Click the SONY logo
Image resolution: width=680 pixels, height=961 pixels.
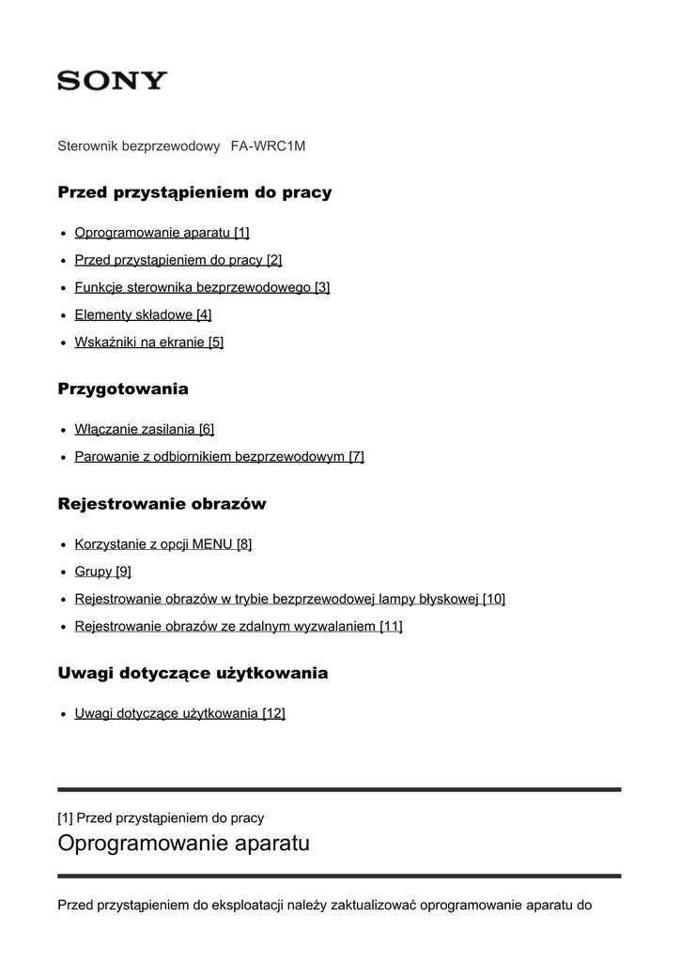pyautogui.click(x=112, y=81)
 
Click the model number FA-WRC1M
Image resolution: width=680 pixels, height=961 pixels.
pyautogui.click(x=268, y=146)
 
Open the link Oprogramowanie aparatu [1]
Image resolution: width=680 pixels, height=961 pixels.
pyautogui.click(x=162, y=233)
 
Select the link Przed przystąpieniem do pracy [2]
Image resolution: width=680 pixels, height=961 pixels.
pyautogui.click(x=178, y=260)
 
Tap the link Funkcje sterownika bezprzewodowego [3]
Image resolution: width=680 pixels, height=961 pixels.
pyautogui.click(x=202, y=287)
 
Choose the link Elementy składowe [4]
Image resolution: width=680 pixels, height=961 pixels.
pyautogui.click(x=143, y=314)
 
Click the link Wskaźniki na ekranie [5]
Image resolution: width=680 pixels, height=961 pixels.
pyautogui.click(x=148, y=343)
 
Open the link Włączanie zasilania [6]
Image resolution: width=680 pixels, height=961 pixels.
pyautogui.click(x=145, y=429)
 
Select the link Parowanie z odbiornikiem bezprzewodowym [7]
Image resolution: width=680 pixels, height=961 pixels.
pyautogui.click(x=219, y=457)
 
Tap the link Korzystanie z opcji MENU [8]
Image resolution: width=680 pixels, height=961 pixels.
pyautogui.click(x=162, y=543)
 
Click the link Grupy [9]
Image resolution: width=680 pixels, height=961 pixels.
pyautogui.click(x=102, y=571)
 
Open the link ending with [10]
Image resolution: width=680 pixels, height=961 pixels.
pyautogui.click(x=289, y=599)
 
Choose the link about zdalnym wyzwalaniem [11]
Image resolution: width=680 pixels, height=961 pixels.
pyautogui.click(x=239, y=626)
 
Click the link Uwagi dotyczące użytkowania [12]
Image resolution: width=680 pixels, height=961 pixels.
pyautogui.click(x=179, y=713)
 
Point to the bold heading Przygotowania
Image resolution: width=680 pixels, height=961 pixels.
pyautogui.click(x=123, y=389)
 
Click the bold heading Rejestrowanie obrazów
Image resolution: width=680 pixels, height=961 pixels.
pyautogui.click(x=162, y=504)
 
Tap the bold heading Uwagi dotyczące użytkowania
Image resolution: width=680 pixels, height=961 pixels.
pyautogui.click(x=193, y=674)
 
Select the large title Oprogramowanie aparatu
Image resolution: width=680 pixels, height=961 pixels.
pyautogui.click(x=183, y=844)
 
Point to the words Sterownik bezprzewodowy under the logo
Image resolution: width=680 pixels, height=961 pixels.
pyautogui.click(x=139, y=146)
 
